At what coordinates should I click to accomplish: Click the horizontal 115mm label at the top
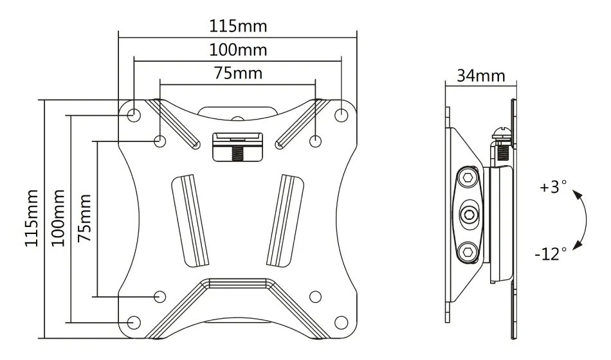pyautogui.click(x=238, y=26)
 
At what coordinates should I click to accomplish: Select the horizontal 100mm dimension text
pyautogui.click(x=238, y=50)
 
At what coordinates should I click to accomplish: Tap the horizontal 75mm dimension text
pyautogui.click(x=238, y=73)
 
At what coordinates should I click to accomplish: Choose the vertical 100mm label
pyautogui.click(x=58, y=218)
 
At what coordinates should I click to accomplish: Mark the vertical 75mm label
pyautogui.click(x=84, y=218)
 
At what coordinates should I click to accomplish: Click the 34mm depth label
pyautogui.click(x=480, y=75)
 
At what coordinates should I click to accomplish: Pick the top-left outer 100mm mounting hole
pyautogui.click(x=134, y=114)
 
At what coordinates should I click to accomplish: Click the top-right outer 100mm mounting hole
pyautogui.click(x=342, y=114)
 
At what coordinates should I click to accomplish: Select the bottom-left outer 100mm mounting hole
pyautogui.click(x=134, y=322)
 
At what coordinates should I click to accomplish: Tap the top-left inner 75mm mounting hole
pyautogui.click(x=160, y=141)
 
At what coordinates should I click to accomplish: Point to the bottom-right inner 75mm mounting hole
pyautogui.click(x=315, y=296)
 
